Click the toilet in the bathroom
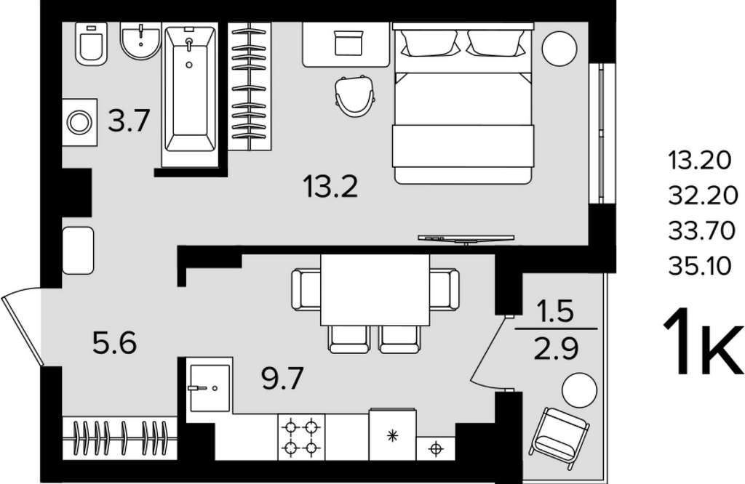click(91, 44)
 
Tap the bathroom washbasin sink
click(140, 41)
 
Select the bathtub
click(190, 94)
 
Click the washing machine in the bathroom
click(79, 122)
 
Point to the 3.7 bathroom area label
click(129, 121)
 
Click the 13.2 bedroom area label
click(331, 186)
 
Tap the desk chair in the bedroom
click(355, 96)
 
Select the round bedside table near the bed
click(559, 49)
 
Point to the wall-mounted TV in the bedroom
click(466, 238)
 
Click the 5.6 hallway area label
click(114, 343)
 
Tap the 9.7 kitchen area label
click(282, 378)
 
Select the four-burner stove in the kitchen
click(301, 437)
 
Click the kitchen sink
click(210, 388)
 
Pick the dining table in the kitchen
click(375, 290)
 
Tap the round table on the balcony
click(579, 390)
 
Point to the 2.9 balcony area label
click(557, 349)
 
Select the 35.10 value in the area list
click(700, 266)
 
